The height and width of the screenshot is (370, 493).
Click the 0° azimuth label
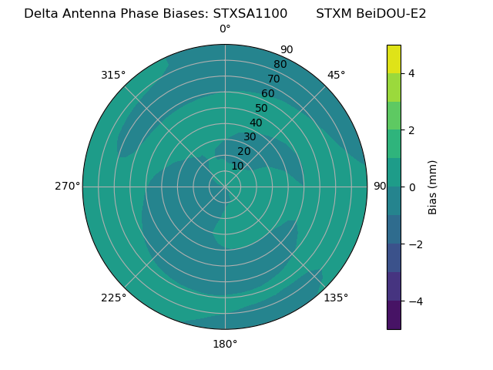[225, 29]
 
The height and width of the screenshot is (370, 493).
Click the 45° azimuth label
[336, 75]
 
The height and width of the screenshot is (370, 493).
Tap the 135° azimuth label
[336, 298]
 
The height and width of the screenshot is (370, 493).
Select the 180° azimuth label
[225, 344]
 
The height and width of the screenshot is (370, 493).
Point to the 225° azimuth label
[113, 298]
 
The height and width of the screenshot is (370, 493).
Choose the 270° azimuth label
[67, 187]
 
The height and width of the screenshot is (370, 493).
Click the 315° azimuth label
[113, 75]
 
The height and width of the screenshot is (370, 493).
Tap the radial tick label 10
[237, 166]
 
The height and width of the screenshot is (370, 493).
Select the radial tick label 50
[262, 109]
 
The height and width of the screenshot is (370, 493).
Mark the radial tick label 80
[280, 65]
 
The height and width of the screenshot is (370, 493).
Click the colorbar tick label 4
[411, 73]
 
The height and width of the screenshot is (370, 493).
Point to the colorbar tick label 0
[411, 187]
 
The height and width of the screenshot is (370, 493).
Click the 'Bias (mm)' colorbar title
[433, 187]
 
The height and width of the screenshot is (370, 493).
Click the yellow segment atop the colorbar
[394, 59]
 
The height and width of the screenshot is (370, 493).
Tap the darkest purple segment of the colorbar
[394, 315]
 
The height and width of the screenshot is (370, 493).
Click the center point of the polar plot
[225, 187]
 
